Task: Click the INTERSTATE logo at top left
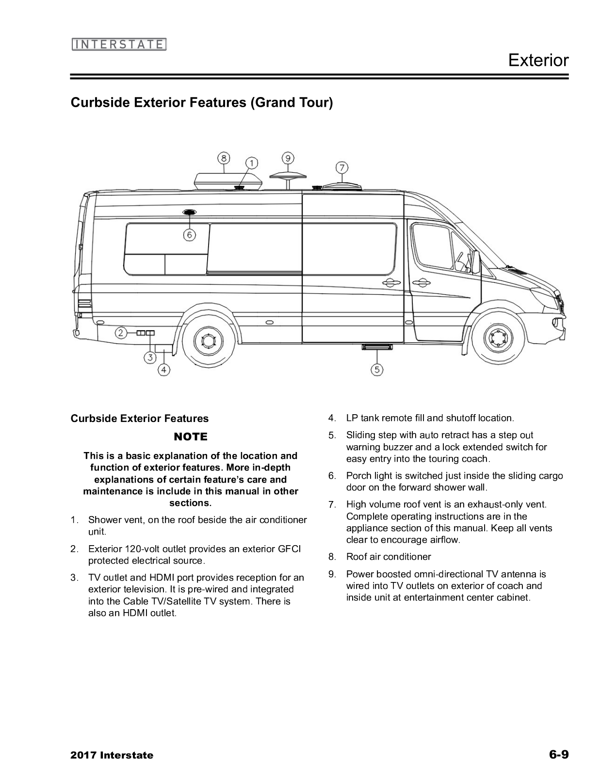119,45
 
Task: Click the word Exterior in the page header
538,60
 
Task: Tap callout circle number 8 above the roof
224,158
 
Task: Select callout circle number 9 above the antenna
288,158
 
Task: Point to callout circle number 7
342,168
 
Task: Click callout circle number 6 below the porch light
189,235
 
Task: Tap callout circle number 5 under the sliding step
377,370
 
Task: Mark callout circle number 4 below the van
164,370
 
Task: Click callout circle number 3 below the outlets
150,358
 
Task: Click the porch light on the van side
189,212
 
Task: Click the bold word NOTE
190,437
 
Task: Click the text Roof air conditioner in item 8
388,557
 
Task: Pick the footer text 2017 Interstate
112,755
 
